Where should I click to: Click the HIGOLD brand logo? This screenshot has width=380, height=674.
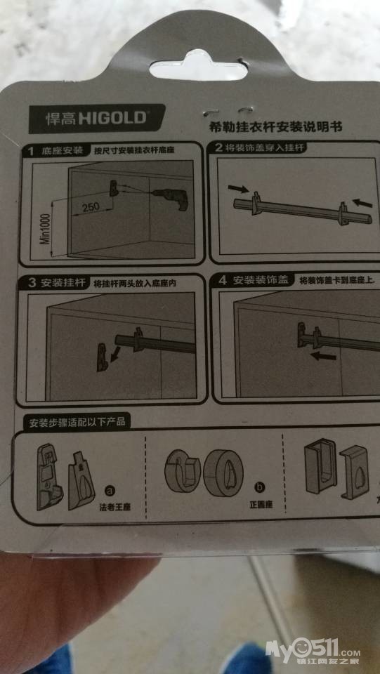(96, 118)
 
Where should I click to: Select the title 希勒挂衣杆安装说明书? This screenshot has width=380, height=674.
(275, 127)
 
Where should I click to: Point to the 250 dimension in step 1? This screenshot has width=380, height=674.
(91, 206)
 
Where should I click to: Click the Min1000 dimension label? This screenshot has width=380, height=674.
(45, 230)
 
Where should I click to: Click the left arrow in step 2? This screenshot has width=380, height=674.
(238, 188)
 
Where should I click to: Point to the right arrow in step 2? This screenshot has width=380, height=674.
(363, 201)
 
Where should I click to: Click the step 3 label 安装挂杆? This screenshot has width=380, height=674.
(57, 283)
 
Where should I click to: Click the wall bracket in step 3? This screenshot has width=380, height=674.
(103, 357)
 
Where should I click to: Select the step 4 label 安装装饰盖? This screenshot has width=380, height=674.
(253, 281)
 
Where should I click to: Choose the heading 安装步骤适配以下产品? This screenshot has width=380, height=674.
(77, 423)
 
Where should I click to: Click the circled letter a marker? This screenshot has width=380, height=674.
(110, 489)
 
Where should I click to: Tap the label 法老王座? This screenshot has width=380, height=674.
(114, 508)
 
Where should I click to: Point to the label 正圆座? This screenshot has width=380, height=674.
(262, 504)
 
